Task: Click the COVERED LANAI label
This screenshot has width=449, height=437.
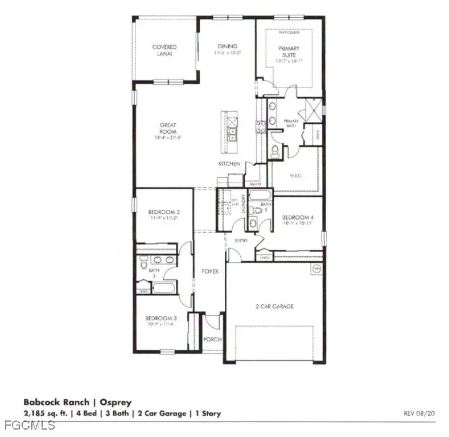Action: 164,51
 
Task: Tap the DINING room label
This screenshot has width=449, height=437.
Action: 228,46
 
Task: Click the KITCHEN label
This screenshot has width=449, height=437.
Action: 229,164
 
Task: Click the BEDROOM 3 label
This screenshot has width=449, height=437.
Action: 160,318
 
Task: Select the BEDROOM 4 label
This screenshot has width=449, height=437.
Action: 298,217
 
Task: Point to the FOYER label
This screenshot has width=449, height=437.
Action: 210,271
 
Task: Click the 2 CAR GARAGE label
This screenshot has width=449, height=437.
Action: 274,306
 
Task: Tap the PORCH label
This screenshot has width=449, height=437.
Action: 212,340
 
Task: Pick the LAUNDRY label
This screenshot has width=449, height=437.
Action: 243,203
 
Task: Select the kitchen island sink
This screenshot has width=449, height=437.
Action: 232,133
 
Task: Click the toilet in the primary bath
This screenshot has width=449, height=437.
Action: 275,150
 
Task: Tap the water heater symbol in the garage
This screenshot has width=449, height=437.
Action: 315,268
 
